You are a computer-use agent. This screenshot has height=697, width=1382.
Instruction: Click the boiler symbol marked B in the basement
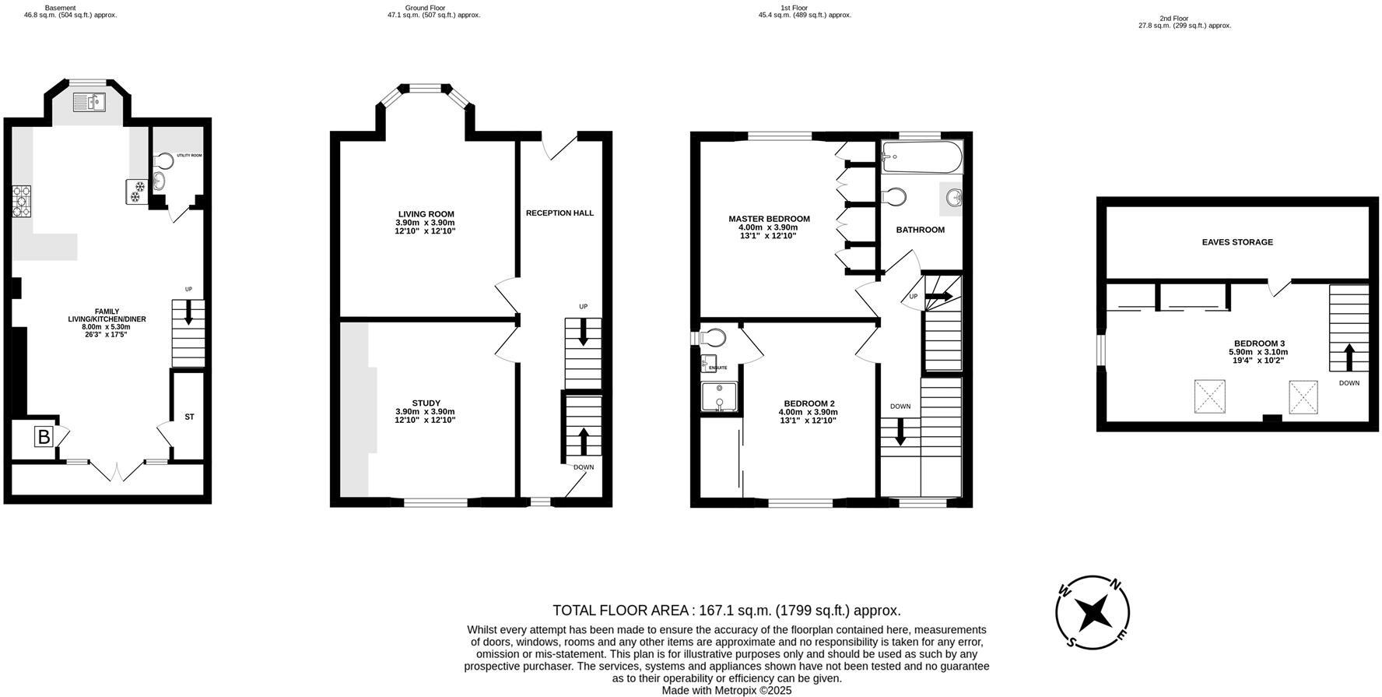(x=44, y=437)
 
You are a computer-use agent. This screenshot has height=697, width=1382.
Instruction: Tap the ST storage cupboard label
(x=189, y=417)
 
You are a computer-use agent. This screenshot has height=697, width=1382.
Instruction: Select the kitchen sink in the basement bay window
(x=89, y=102)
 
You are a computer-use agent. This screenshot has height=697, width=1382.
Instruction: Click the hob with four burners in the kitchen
(x=21, y=201)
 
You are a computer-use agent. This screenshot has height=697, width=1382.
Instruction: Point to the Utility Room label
(x=189, y=156)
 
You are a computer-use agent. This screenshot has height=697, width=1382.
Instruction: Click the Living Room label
(x=426, y=214)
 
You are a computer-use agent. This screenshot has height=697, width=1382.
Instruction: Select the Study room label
(x=426, y=403)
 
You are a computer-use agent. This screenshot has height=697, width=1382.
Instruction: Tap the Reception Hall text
(x=559, y=213)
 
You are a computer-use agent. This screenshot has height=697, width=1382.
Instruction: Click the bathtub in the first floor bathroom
(x=922, y=158)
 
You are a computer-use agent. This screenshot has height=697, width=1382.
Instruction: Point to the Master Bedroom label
(x=769, y=219)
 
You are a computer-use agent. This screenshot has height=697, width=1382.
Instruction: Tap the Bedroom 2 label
(x=809, y=403)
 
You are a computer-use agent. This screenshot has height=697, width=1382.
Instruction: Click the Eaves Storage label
(x=1237, y=242)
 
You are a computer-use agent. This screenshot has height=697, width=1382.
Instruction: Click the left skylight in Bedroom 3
(x=1209, y=396)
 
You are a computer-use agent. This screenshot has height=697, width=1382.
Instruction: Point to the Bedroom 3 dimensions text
(x=1259, y=356)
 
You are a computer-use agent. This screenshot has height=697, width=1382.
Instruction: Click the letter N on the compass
(x=1114, y=584)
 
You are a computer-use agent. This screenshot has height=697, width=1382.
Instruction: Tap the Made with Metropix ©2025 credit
(x=726, y=690)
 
